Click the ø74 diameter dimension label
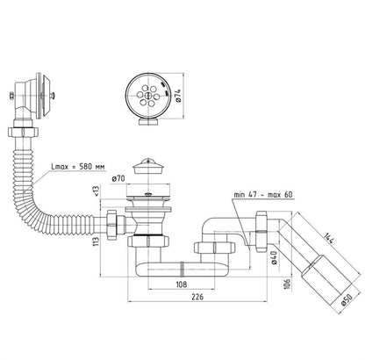pyautogui.click(x=179, y=96)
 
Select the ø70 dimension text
pyautogui.click(x=118, y=178)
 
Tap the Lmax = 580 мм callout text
pyautogui.click(x=78, y=167)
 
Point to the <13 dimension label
pyautogui.click(x=97, y=191)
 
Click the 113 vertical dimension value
pyautogui.click(x=97, y=241)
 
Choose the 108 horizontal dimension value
pyautogui.click(x=182, y=284)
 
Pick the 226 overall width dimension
pyautogui.click(x=197, y=297)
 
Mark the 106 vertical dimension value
pyautogui.click(x=288, y=284)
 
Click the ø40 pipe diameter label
pyautogui.click(x=274, y=258)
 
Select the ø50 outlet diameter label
pyautogui.click(x=347, y=300)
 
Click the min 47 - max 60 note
pyautogui.click(x=263, y=195)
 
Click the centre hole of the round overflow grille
pyautogui.click(x=148, y=95)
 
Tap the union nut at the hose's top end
pyautogui.click(x=23, y=132)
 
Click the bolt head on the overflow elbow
pyautogui.click(x=11, y=96)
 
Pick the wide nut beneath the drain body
pyautogui.click(x=148, y=241)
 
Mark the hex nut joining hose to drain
pyautogui.click(x=112, y=225)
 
